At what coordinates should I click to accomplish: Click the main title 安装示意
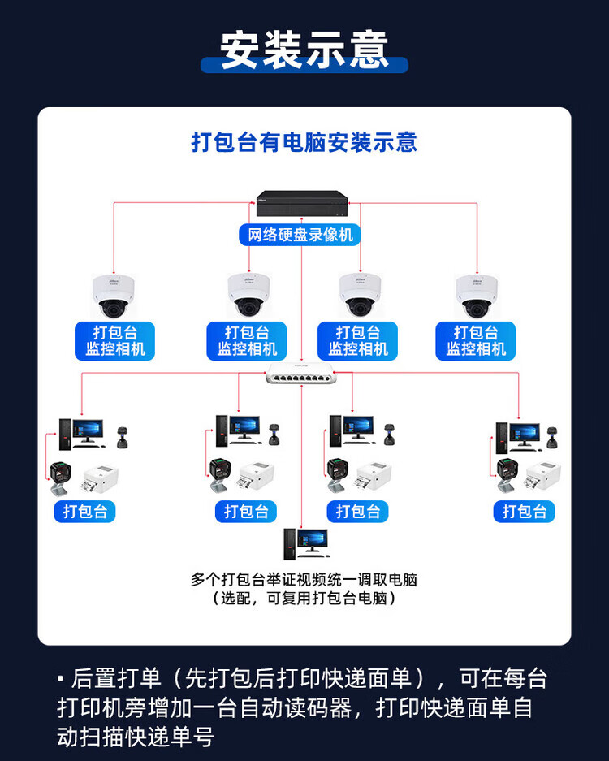click(304, 50)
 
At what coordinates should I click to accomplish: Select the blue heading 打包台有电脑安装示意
click(304, 143)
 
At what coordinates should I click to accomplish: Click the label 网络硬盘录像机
click(301, 236)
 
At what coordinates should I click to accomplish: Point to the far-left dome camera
click(114, 296)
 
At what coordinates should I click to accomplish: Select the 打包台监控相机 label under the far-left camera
click(115, 341)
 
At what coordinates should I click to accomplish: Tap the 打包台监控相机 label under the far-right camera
click(476, 341)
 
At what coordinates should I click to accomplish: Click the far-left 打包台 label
click(85, 512)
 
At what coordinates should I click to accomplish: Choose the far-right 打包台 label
click(524, 512)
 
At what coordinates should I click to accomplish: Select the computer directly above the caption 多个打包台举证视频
click(305, 543)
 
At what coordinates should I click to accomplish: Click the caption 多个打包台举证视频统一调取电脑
click(304, 580)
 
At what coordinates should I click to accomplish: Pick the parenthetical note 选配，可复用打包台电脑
click(304, 599)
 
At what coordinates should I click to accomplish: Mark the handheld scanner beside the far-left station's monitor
click(123, 436)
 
